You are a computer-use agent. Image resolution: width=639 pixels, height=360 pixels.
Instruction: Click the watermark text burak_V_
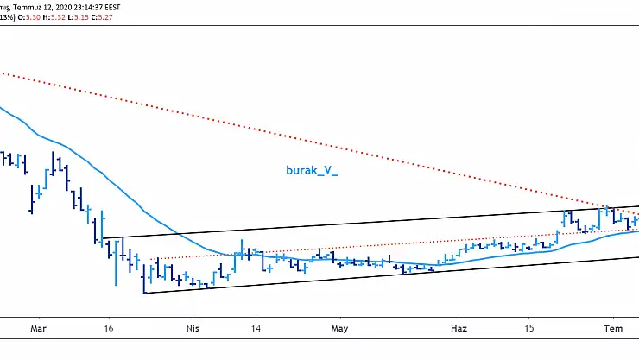[312, 171]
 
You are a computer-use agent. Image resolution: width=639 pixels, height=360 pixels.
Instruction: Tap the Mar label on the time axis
[37, 329]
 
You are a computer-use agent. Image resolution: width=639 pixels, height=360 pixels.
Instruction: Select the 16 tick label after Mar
[108, 329]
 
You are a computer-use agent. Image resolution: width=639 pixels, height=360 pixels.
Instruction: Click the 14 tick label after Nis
[257, 329]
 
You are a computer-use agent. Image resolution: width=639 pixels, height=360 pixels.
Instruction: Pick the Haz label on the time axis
[459, 329]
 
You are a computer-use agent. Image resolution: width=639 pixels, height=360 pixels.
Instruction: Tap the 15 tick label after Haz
[528, 329]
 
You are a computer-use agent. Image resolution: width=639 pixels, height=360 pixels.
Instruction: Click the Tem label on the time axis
[612, 329]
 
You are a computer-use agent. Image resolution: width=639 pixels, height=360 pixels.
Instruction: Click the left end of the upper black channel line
[103, 238]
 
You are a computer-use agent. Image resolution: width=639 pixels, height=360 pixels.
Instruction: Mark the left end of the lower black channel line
[144, 294]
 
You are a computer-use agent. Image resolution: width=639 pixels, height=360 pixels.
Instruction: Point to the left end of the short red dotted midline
[152, 259]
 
